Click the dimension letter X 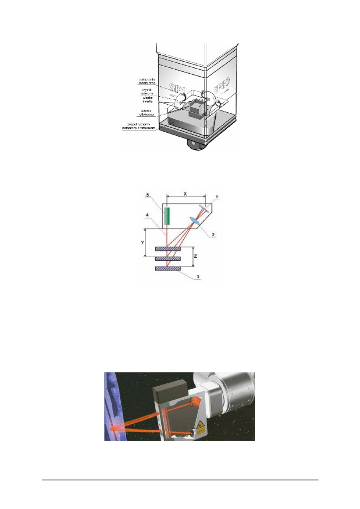pos(185,193)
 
